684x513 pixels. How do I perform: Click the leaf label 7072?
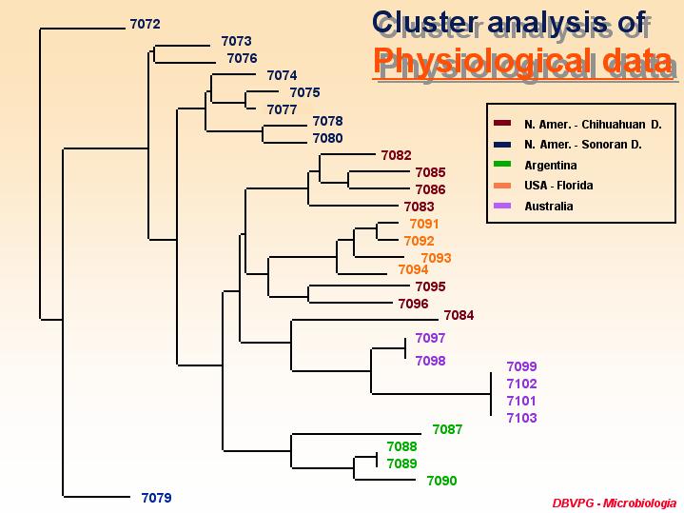(x=146, y=24)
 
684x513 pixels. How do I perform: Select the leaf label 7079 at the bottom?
(x=156, y=498)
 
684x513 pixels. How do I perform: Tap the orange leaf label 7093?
(x=436, y=258)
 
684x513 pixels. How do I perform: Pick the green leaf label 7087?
(x=447, y=429)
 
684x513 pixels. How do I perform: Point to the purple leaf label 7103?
(x=521, y=418)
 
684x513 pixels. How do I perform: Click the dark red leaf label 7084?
(x=459, y=315)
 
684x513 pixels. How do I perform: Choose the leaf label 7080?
(x=327, y=138)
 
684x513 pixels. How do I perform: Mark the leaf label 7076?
(x=242, y=58)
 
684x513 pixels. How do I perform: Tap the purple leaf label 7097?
(x=430, y=339)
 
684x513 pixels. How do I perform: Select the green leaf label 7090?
(x=442, y=482)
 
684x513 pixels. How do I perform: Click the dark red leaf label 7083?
(x=419, y=207)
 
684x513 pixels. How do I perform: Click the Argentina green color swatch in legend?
(x=502, y=165)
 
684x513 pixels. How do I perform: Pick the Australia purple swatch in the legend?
(x=502, y=206)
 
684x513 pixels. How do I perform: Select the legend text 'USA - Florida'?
(x=558, y=186)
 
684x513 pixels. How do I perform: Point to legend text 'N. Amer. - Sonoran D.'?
(x=583, y=145)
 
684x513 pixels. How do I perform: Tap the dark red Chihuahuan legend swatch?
(x=502, y=124)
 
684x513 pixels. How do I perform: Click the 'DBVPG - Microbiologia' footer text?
(x=615, y=503)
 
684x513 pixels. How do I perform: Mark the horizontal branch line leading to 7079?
(x=96, y=497)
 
